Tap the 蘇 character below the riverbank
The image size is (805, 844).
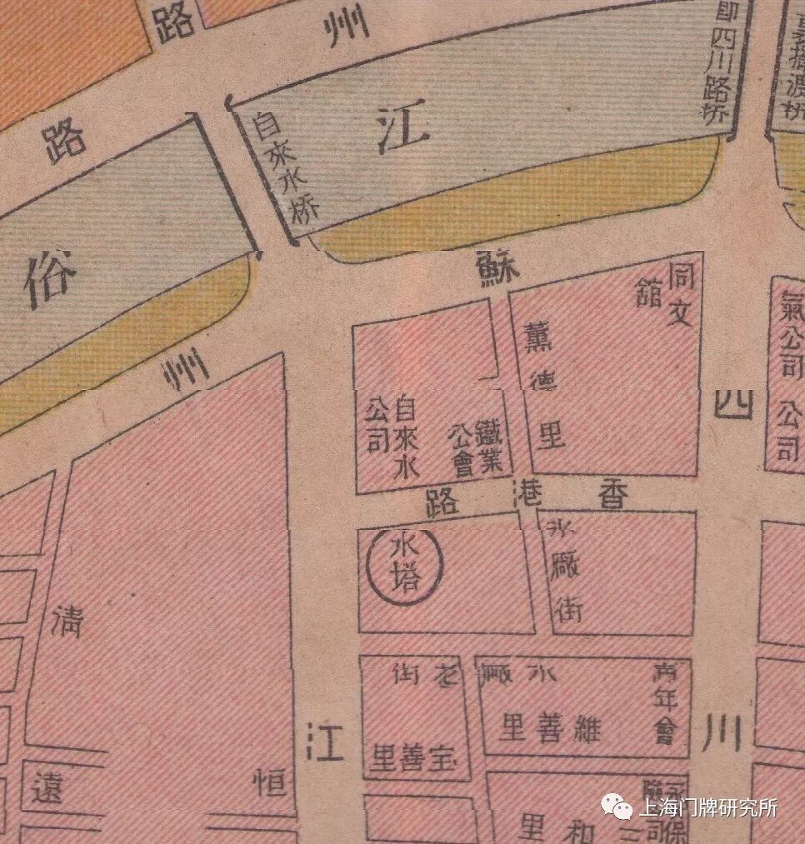[497, 268]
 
